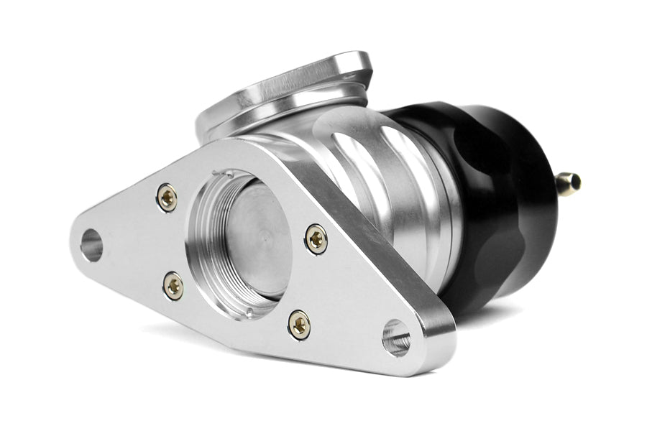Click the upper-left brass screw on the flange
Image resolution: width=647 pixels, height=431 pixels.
coord(167,198)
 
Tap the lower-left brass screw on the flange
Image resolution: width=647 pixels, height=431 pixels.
coord(173,286)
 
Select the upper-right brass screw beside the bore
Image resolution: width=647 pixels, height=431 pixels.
coord(316,238)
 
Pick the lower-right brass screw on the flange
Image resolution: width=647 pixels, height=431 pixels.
coord(299,325)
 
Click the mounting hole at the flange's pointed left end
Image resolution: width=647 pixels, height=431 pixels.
coord(91,246)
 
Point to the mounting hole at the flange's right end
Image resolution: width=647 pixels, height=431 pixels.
coord(396,338)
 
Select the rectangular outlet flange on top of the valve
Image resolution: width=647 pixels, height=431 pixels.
coord(288,86)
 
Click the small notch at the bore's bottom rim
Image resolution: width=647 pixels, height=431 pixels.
coord(248,312)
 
